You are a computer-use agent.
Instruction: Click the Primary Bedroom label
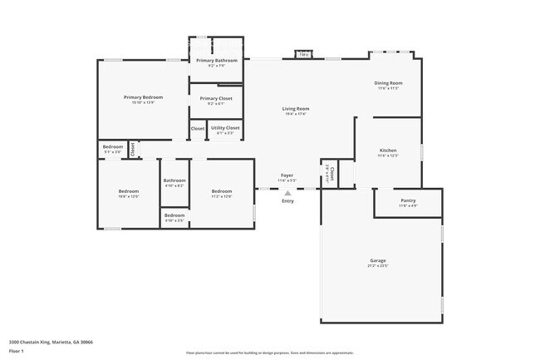143,97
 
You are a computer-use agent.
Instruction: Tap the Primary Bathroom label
216,61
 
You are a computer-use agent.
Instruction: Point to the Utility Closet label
225,127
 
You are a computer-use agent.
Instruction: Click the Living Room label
296,109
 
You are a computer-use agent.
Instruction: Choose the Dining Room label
389,83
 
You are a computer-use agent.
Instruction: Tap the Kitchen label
389,150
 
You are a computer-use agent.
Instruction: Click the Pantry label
408,200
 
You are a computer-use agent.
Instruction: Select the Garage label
378,261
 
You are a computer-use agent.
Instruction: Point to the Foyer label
287,175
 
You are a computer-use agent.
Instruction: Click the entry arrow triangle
287,193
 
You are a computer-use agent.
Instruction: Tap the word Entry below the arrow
287,201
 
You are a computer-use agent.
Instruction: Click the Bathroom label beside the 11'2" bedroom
174,180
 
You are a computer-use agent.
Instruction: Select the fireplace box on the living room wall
303,56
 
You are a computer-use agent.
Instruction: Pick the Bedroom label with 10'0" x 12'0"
129,192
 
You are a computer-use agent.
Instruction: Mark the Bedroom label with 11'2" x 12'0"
221,192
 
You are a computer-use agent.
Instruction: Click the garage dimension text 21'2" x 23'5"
378,267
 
